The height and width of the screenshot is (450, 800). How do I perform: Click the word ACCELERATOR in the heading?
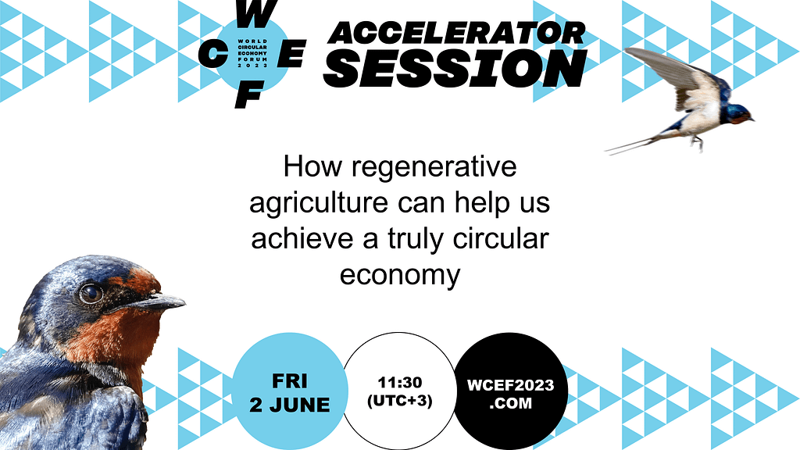[x=456, y=34]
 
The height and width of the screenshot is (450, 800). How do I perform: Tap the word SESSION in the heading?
[x=455, y=69]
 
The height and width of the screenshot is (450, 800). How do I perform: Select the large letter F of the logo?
[x=249, y=94]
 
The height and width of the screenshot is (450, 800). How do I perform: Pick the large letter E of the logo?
[x=291, y=54]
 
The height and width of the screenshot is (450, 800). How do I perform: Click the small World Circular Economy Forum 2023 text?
[x=252, y=54]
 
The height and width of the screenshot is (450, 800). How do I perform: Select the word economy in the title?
[x=400, y=276]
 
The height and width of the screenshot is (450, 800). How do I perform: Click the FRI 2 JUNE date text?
[x=290, y=393]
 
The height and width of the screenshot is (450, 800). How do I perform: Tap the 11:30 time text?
[x=400, y=382]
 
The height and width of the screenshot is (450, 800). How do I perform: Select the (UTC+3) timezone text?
[x=400, y=401]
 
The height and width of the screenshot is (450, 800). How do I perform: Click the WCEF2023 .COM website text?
[x=511, y=394]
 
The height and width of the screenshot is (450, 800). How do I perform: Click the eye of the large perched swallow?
[x=91, y=294]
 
